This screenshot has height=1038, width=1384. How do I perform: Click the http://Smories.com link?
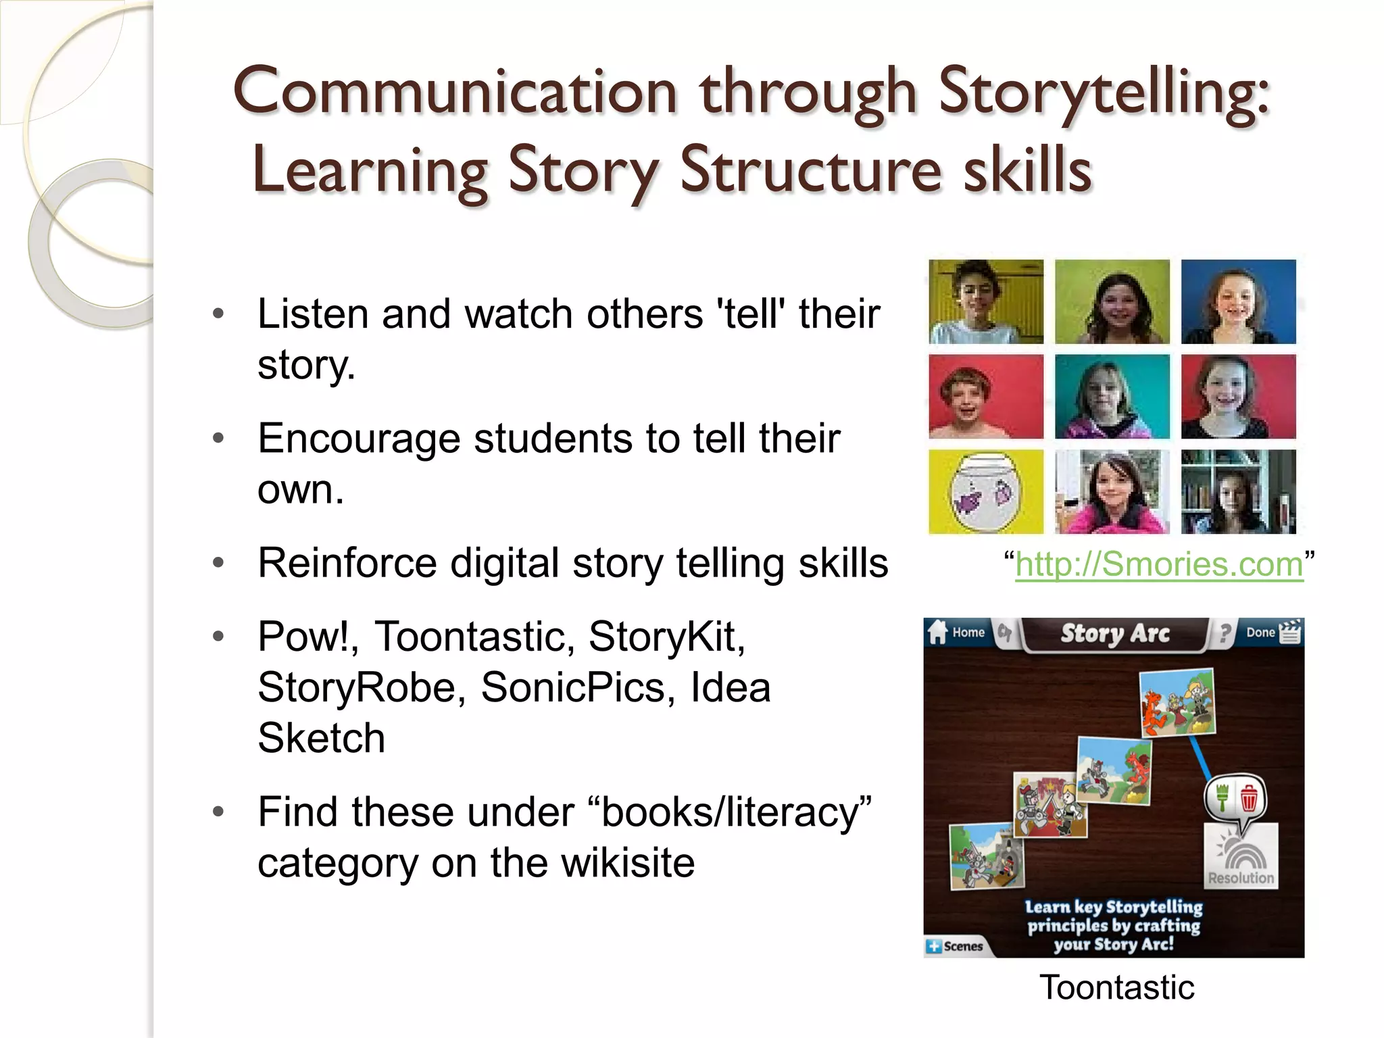pos(1158,564)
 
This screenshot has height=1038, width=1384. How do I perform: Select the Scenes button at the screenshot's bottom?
pos(956,946)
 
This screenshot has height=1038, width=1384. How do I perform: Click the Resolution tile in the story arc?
pos(1241,857)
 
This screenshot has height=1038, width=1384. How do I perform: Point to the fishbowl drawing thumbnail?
pos(985,492)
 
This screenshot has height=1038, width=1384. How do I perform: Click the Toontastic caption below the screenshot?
pos(1116,987)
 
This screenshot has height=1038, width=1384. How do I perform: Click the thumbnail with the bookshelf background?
pos(1238,492)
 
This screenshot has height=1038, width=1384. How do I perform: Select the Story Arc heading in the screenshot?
pos(1114,633)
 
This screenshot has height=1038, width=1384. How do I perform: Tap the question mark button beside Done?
pos(1225,633)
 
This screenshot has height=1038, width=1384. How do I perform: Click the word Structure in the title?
pos(811,170)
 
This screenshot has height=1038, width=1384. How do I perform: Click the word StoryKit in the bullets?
pos(666,637)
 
